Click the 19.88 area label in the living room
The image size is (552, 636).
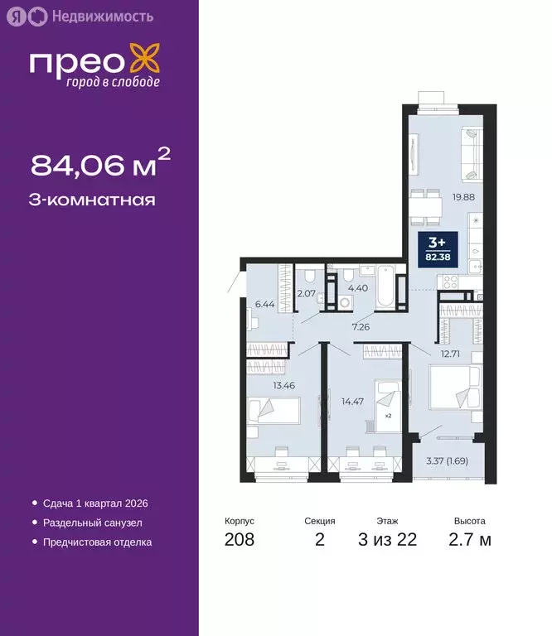462,197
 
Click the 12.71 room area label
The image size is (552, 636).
450,354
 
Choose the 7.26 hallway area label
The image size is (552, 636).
360,327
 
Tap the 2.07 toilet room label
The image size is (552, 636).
307,293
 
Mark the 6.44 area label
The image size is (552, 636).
264,304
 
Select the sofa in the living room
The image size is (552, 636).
469,152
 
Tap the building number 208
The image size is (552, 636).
239,540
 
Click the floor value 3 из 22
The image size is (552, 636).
387,540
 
